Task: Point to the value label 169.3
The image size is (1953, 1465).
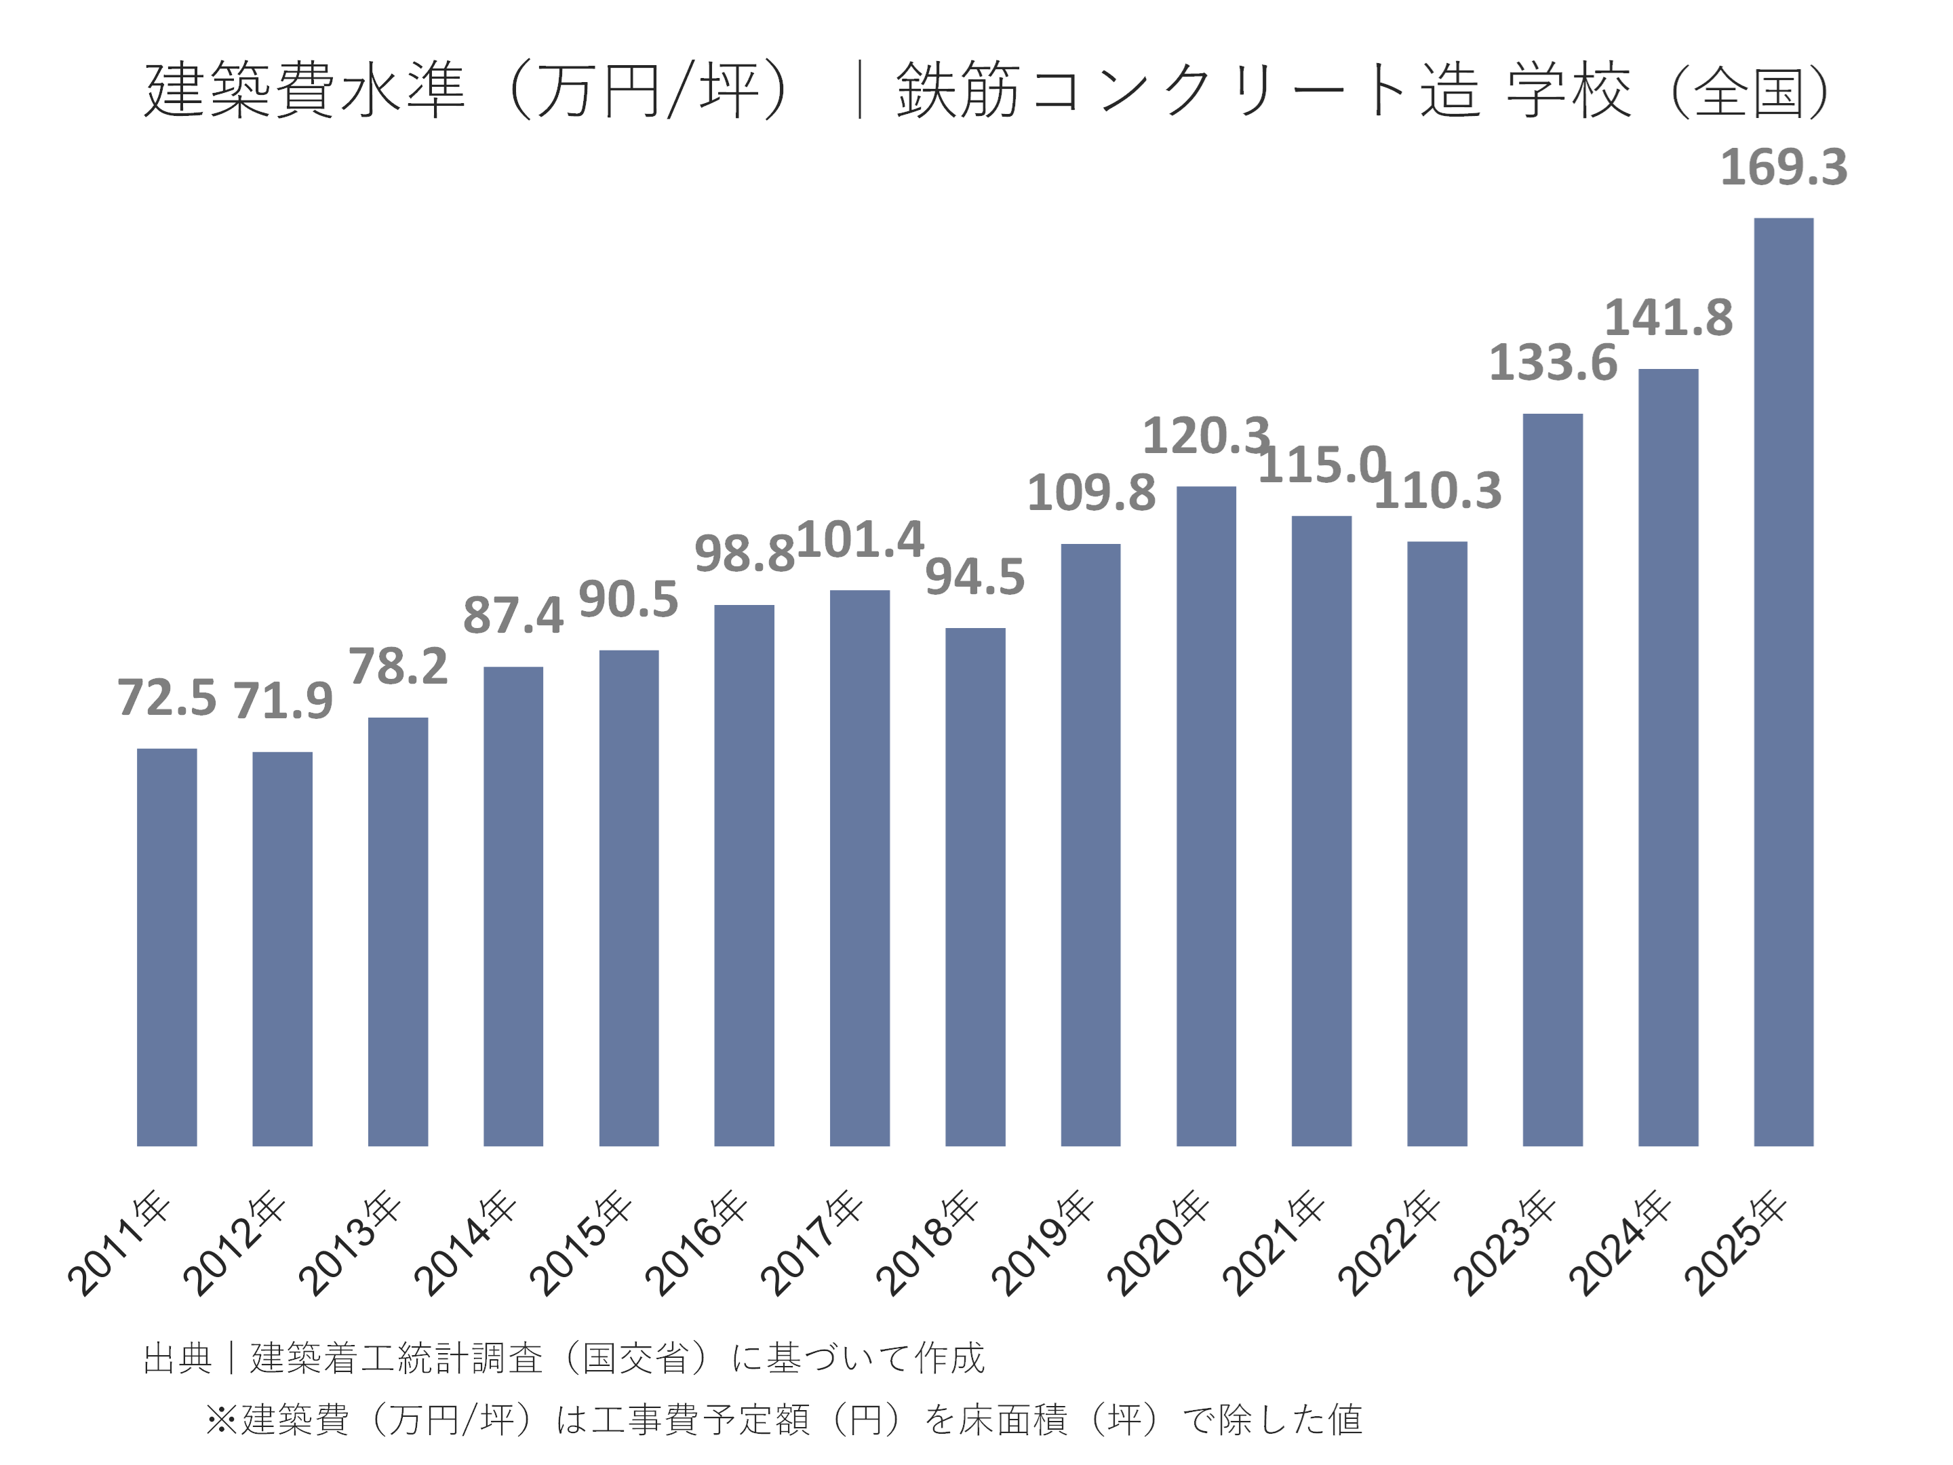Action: pyautogui.click(x=1783, y=167)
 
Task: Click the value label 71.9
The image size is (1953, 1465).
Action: pyautogui.click(x=283, y=701)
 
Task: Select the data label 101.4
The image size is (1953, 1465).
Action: pyautogui.click(x=860, y=540)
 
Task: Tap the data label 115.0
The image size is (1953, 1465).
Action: pyautogui.click(x=1321, y=465)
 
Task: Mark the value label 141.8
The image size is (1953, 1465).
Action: pyautogui.click(x=1668, y=318)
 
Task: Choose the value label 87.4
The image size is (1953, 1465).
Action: pyautogui.click(x=513, y=615)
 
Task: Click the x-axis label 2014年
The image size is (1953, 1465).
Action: pyautogui.click(x=465, y=1243)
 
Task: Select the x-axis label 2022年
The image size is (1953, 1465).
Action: pyautogui.click(x=1389, y=1243)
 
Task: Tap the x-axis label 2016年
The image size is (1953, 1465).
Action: pyautogui.click(x=696, y=1243)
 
